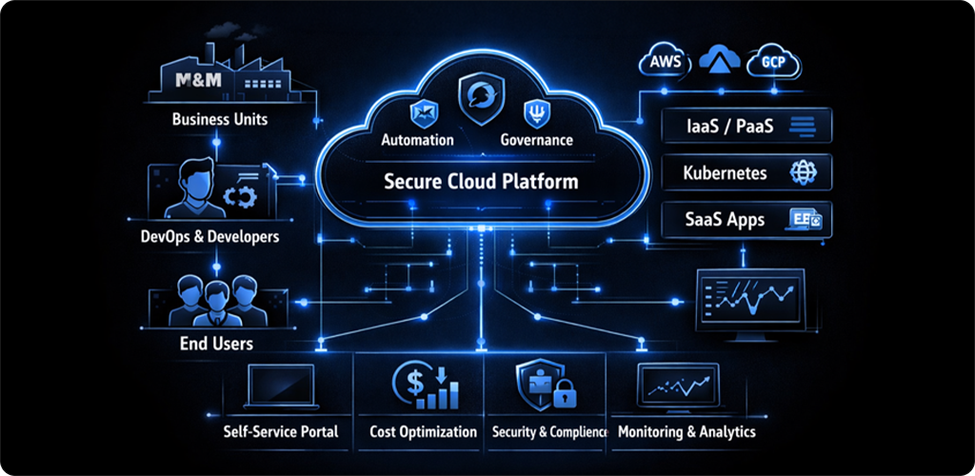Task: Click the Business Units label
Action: point(219,120)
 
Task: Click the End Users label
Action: point(216,342)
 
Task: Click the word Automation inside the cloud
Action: point(417,140)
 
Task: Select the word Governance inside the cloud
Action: point(536,140)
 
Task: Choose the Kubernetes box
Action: point(746,174)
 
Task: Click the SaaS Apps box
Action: point(746,220)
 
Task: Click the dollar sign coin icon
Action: point(409,384)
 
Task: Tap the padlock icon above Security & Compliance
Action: point(564,392)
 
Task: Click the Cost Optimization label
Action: point(423,431)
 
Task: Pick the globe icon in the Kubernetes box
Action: point(800,174)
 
